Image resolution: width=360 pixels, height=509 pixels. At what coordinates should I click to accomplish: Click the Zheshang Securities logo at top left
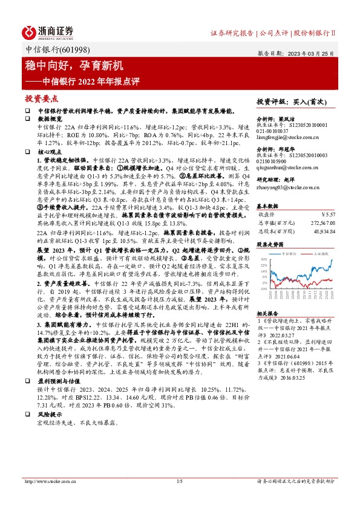[x=48, y=31]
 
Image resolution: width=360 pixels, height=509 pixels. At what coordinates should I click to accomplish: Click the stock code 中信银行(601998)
[x=51, y=50]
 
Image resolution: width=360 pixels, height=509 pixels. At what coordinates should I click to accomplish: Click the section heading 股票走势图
[x=270, y=228]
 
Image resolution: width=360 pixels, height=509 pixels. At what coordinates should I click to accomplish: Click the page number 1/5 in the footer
[x=179, y=499]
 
